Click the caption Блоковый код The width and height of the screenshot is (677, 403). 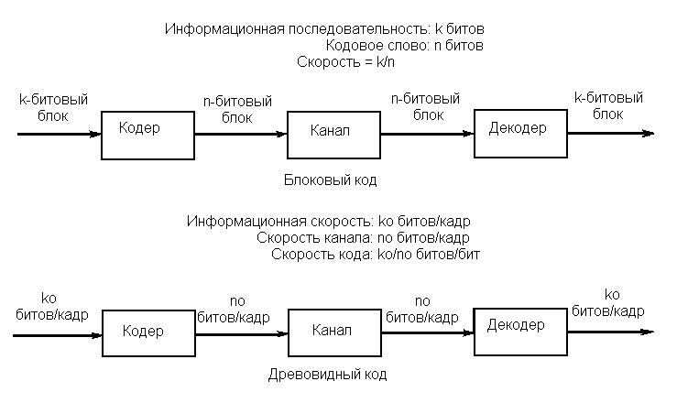click(331, 180)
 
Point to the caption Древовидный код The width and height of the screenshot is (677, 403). click(327, 374)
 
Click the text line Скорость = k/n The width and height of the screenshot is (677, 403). click(346, 62)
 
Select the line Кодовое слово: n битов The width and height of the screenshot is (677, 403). click(405, 45)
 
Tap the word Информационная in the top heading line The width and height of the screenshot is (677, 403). click(224, 29)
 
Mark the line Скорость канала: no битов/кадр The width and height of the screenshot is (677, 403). click(363, 238)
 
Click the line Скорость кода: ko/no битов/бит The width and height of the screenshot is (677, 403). click(376, 254)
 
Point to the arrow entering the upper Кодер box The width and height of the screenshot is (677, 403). click(60, 135)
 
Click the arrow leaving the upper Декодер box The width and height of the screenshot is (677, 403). click(611, 134)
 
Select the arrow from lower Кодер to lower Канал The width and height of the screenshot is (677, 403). click(242, 334)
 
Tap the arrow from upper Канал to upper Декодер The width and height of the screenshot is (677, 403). click(428, 134)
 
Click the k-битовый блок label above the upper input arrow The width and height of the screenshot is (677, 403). click(53, 107)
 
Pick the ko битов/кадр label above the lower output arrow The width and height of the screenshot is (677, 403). click(608, 302)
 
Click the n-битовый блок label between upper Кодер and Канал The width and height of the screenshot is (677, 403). click(237, 109)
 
